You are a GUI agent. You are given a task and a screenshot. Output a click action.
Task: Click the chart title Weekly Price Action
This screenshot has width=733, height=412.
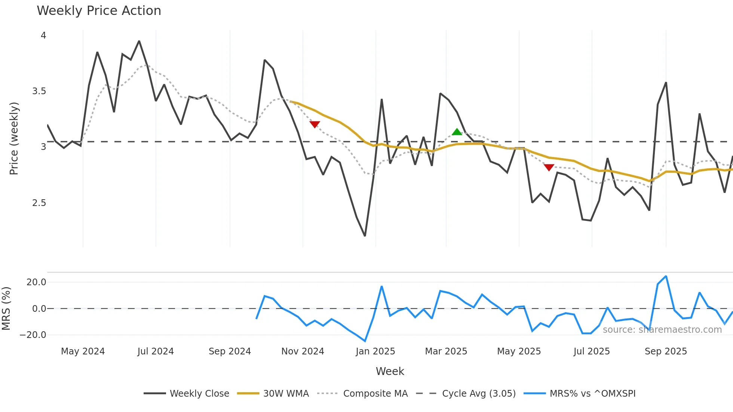(99, 11)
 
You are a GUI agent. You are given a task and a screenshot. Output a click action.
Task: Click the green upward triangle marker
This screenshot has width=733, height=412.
(457, 132)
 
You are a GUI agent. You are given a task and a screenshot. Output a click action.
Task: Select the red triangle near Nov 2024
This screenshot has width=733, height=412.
(315, 124)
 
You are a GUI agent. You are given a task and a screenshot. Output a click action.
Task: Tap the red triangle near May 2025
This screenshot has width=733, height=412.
(549, 167)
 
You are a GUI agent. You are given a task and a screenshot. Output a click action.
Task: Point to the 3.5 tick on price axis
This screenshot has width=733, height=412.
(39, 91)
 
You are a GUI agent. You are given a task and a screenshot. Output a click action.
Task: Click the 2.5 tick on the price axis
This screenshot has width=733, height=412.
(39, 203)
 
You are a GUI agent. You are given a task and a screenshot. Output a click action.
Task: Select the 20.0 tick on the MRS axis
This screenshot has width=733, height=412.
(36, 282)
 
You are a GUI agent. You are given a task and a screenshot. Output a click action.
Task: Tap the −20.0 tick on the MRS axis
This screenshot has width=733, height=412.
(33, 335)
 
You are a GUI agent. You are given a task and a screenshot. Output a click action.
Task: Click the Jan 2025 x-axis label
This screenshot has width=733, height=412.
(375, 351)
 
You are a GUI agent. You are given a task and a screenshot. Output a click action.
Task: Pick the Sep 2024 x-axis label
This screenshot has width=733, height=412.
(230, 351)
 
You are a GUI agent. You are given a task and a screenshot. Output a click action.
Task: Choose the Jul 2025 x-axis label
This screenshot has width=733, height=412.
(592, 351)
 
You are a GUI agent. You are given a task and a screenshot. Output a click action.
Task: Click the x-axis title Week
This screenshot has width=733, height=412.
(390, 371)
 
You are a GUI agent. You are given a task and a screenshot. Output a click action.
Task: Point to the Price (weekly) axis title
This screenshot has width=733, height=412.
(14, 138)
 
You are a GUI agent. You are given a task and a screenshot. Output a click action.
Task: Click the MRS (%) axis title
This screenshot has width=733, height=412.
(6, 308)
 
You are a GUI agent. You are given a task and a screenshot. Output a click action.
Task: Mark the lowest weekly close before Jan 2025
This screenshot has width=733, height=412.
(365, 236)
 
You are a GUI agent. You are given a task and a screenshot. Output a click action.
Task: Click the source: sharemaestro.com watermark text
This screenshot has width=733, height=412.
(662, 330)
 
